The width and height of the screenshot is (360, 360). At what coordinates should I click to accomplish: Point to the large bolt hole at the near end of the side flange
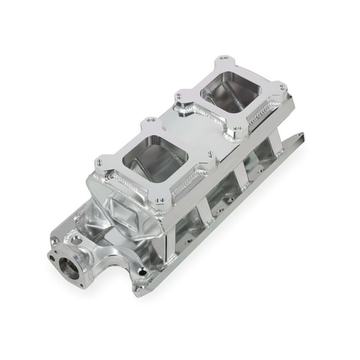(x=144, y=271)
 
